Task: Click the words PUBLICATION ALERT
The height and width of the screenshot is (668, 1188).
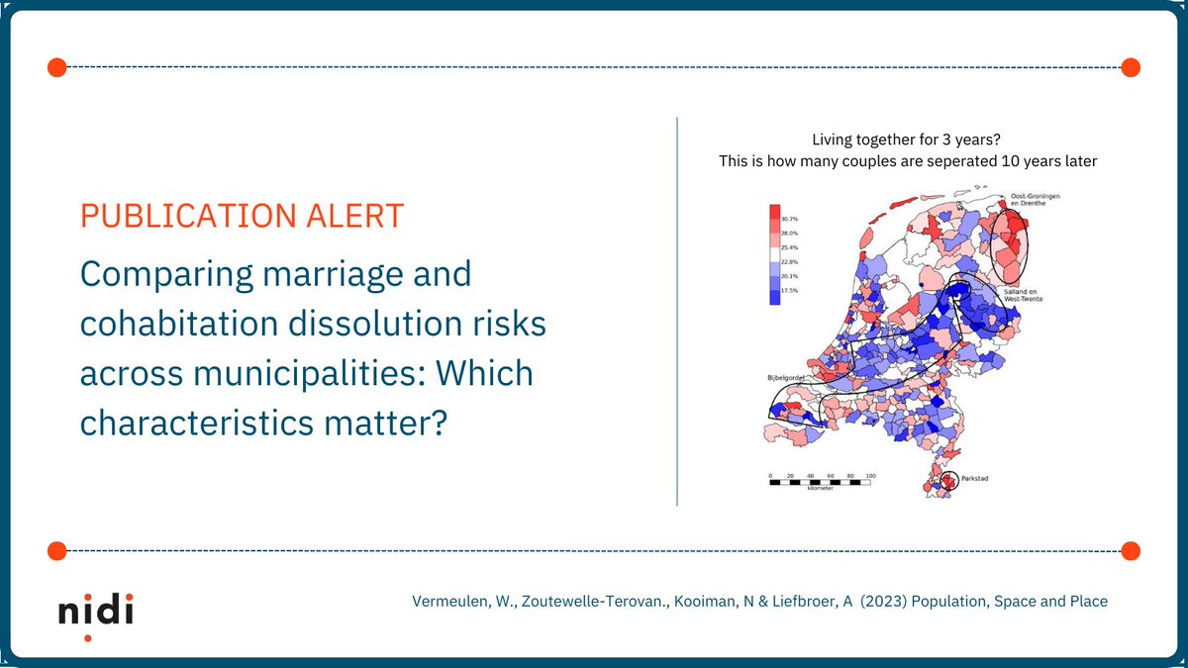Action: (242, 216)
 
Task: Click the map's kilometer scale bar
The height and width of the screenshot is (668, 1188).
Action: (822, 480)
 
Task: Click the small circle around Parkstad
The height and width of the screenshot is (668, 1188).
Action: (949, 482)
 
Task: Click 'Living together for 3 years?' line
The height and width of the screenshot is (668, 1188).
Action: (908, 142)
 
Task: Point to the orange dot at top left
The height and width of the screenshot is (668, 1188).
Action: (56, 67)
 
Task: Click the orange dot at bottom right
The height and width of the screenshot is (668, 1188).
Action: (1131, 550)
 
